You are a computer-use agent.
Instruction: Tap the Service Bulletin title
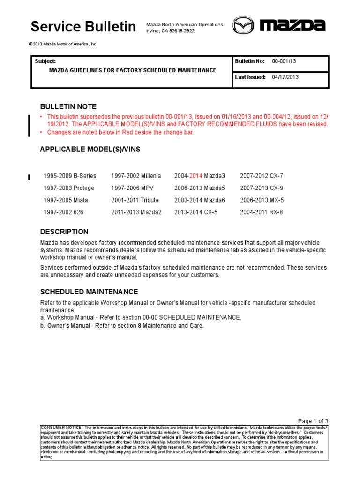pos(83,27)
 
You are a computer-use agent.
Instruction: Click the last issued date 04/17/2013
pos(285,77)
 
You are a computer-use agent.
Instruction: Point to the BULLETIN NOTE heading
pos(68,107)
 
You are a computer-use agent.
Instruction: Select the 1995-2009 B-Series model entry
pos(70,176)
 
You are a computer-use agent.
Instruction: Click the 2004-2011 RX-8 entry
pos(262,212)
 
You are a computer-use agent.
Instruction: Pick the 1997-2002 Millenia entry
pos(136,176)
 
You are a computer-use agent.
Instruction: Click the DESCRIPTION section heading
pos(64,232)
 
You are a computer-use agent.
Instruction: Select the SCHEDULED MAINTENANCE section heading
pos(89,292)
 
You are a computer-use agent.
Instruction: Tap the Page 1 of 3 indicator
pos(313,420)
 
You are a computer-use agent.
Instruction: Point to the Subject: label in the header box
pos(45,61)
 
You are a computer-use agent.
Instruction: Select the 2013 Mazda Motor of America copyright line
pos(63,44)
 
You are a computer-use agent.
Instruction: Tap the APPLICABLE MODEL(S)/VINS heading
pos(90,150)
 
